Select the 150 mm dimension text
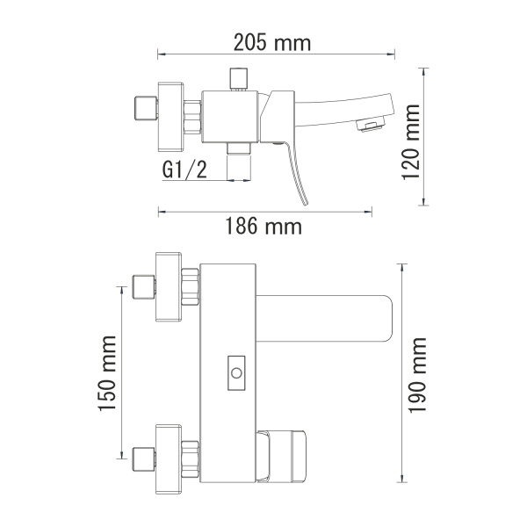pos(106,373)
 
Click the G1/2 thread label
pos(185,170)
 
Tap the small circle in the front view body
pos(235,374)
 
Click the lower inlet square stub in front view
pos(141,457)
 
